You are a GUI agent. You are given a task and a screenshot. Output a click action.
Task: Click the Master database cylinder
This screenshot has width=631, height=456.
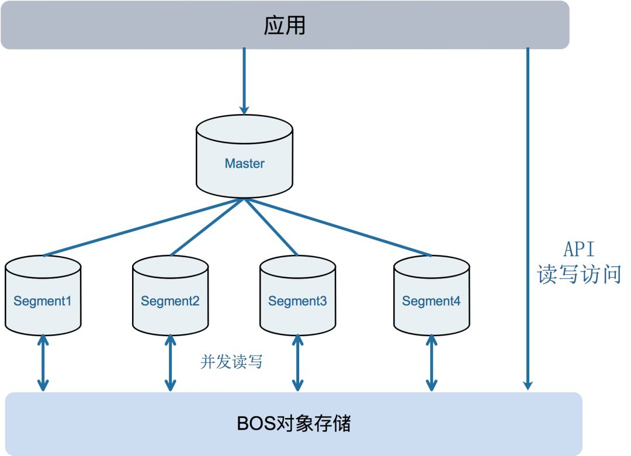[244, 156]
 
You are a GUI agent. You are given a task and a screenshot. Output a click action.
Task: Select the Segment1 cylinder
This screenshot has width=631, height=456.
[43, 295]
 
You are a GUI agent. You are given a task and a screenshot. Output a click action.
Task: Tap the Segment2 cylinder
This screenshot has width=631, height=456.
[170, 295]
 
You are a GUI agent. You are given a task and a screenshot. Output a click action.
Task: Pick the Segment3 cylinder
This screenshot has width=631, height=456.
[298, 295]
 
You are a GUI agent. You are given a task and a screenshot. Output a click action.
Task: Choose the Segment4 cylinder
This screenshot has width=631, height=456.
[431, 295]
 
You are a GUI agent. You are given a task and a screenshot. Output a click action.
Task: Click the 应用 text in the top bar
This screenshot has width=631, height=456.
[285, 25]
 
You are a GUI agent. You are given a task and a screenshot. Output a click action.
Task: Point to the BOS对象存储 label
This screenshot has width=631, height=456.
[294, 423]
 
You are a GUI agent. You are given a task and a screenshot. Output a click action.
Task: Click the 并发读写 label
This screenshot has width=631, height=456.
[231, 361]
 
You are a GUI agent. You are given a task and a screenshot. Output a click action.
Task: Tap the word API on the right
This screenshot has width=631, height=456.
[578, 249]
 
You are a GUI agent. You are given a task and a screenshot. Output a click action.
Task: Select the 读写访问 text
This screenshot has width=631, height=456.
[579, 274]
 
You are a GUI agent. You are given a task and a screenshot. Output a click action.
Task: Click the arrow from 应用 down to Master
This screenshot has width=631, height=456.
[244, 81]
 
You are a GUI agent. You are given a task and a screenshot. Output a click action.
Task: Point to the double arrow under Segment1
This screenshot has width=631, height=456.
[43, 363]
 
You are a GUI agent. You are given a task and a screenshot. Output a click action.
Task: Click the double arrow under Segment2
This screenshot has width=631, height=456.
[170, 363]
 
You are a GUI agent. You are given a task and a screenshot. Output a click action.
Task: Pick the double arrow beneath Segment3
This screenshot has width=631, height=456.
[298, 363]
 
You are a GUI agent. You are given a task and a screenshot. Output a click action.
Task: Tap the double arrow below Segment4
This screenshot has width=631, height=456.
[431, 363]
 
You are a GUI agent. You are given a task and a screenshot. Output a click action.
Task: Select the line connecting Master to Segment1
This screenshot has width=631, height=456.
[144, 227]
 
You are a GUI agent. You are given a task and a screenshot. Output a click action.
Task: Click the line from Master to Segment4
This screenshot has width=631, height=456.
[338, 227]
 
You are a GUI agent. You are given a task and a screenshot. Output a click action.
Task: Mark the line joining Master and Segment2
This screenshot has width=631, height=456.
[207, 227]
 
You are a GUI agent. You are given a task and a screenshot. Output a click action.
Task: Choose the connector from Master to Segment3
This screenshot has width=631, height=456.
[271, 227]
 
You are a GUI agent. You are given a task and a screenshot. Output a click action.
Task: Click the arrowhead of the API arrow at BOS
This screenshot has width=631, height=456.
[528, 385]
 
